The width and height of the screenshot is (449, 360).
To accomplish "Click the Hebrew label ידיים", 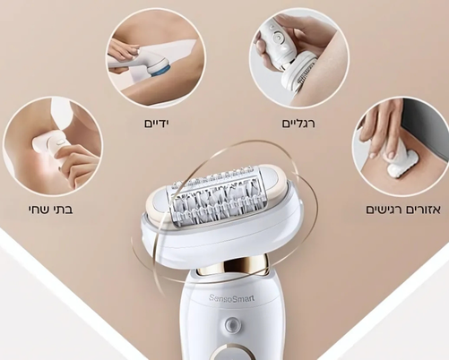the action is pyautogui.click(x=157, y=124).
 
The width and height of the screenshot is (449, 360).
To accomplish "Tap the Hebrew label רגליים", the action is pyautogui.click(x=298, y=124).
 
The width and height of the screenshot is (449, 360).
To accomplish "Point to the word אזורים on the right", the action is pyautogui.click(x=423, y=210).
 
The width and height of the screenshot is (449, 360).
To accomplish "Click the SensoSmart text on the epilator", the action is pyautogui.click(x=232, y=298).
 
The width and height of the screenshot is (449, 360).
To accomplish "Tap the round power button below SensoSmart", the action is pyautogui.click(x=230, y=324).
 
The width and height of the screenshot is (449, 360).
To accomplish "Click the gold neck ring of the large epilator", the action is pyautogui.click(x=231, y=268).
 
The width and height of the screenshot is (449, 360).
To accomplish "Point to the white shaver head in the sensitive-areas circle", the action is pyautogui.click(x=401, y=165).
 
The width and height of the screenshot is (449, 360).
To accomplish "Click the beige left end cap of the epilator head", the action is pyautogui.click(x=155, y=203).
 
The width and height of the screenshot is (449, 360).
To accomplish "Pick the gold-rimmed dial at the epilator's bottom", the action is pyautogui.click(x=230, y=353).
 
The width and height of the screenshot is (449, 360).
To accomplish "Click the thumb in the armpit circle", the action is pyautogui.click(x=65, y=153).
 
